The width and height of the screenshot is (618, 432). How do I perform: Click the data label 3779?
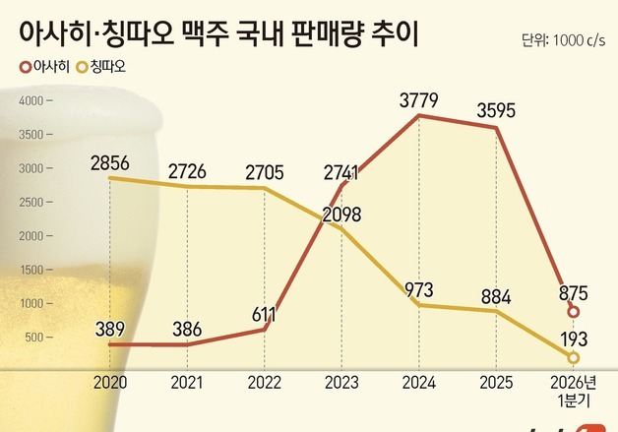[x=419, y=99]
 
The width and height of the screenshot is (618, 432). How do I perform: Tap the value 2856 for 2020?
[x=109, y=162]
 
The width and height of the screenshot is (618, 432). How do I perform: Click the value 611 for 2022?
[x=266, y=312]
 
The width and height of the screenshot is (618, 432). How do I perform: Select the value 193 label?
[x=574, y=338]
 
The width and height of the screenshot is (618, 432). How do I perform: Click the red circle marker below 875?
[x=574, y=312]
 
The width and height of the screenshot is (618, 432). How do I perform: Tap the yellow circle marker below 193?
[x=574, y=357]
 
